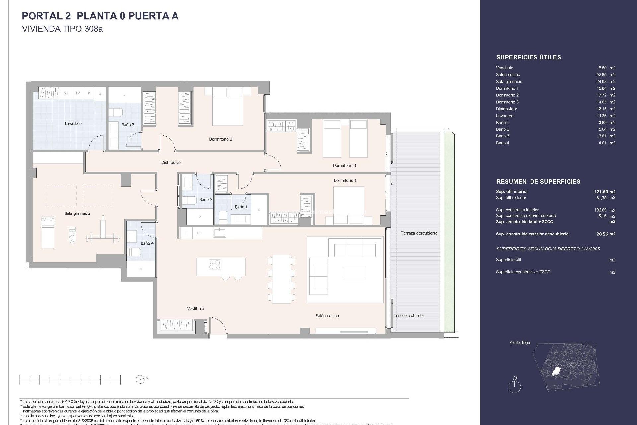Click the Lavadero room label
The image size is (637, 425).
pos(73,124)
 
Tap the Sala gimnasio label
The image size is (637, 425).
pos(77,214)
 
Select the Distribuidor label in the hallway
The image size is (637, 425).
pos(172,163)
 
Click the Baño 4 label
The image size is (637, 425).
pos(147,243)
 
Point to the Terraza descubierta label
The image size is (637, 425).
pos(419,233)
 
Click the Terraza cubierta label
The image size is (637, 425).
pos(408,316)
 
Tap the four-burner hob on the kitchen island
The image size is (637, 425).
pos(215,265)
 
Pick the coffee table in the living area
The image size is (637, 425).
pos(355,273)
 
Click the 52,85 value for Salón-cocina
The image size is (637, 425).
pos(602,75)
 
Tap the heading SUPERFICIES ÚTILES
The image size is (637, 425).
pos(529,57)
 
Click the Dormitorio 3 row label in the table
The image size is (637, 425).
pos(507,102)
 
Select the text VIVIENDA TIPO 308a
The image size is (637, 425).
pos(62,29)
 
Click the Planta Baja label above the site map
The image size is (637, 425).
pos(519,342)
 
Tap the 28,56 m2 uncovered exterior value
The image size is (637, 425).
pos(605,234)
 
